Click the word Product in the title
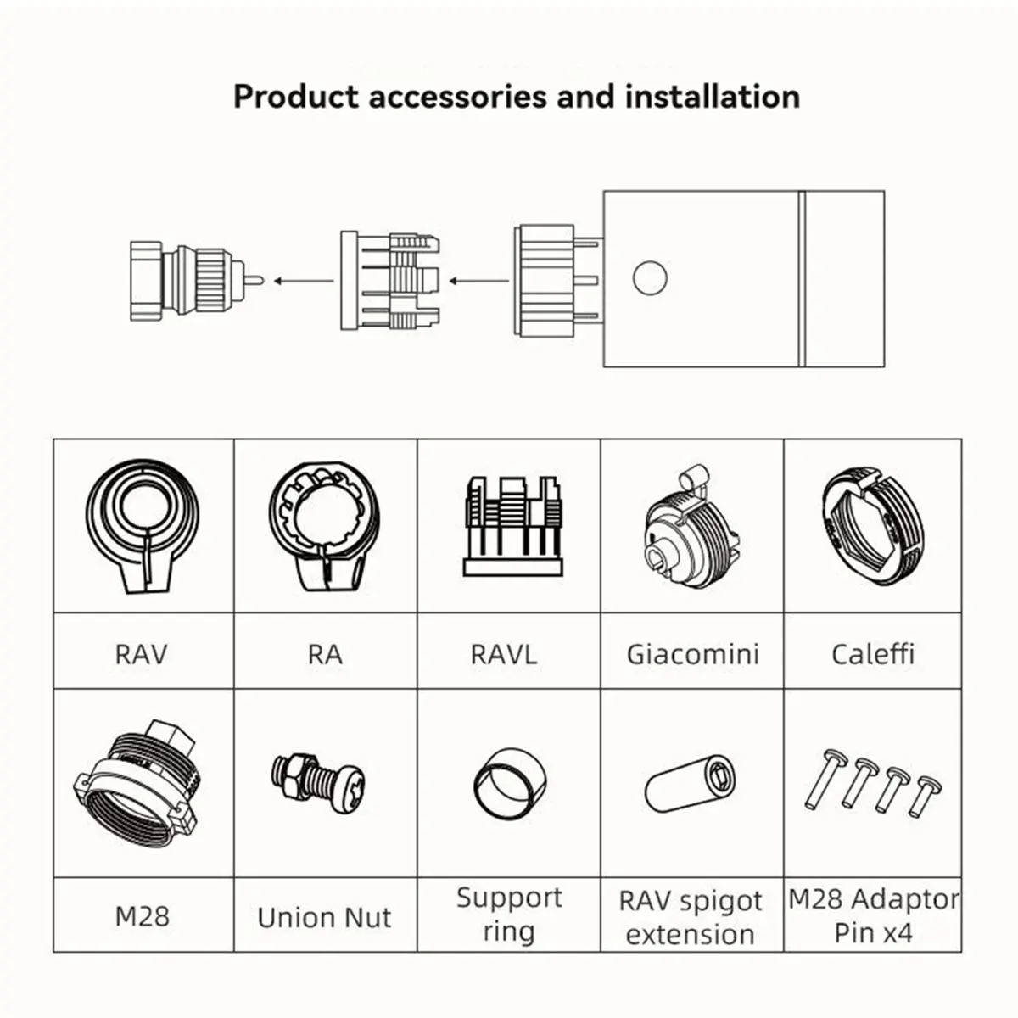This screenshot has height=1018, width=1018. pos(296,98)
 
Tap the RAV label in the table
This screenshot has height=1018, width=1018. pos(141,655)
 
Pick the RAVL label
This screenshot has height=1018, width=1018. pos(503,655)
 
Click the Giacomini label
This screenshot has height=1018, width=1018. pos(692,654)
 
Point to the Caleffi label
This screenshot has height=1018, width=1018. pos(873,654)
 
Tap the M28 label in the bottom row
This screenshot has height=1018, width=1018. pos(143,916)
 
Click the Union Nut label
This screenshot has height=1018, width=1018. pos(324,917)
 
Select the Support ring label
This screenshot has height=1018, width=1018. pos(509,915)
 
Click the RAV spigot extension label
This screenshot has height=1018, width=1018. pos(691,917)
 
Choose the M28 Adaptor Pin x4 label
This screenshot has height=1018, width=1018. pos(873,915)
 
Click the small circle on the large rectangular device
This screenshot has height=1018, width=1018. pos(650,278)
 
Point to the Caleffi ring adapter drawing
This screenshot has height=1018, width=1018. pos(873,525)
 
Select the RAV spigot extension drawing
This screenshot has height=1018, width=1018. pos(691,784)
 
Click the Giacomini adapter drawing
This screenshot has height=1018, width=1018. pos(692,527)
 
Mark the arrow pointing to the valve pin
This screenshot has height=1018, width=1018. pos(304,281)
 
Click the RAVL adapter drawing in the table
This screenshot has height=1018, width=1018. pos(513,526)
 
